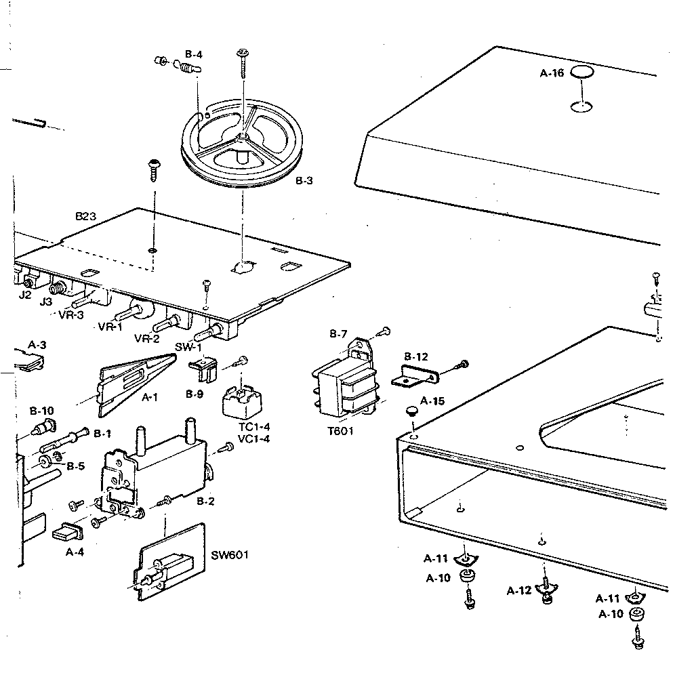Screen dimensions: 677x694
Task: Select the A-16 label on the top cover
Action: pyautogui.click(x=552, y=74)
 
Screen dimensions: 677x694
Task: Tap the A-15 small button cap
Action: pyautogui.click(x=411, y=411)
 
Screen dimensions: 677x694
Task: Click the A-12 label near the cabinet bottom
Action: pyautogui.click(x=519, y=590)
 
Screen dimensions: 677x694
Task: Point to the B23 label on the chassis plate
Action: pyautogui.click(x=85, y=217)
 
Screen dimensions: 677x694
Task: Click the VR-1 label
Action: pyautogui.click(x=110, y=327)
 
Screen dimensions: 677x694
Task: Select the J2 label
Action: pyautogui.click(x=24, y=295)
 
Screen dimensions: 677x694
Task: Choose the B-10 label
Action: pyautogui.click(x=41, y=410)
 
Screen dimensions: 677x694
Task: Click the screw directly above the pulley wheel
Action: pyautogui.click(x=243, y=66)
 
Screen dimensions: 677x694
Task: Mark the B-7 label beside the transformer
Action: pyautogui.click(x=338, y=333)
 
